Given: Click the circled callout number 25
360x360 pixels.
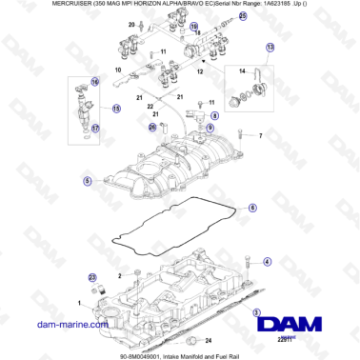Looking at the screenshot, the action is tap(241, 16).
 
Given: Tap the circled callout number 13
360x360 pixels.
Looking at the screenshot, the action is tap(270, 47).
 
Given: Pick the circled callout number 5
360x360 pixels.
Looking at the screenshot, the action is tap(61, 180).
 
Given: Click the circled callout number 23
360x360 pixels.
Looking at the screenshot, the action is tap(93, 277).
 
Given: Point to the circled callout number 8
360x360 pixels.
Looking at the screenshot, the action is tap(215, 115).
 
